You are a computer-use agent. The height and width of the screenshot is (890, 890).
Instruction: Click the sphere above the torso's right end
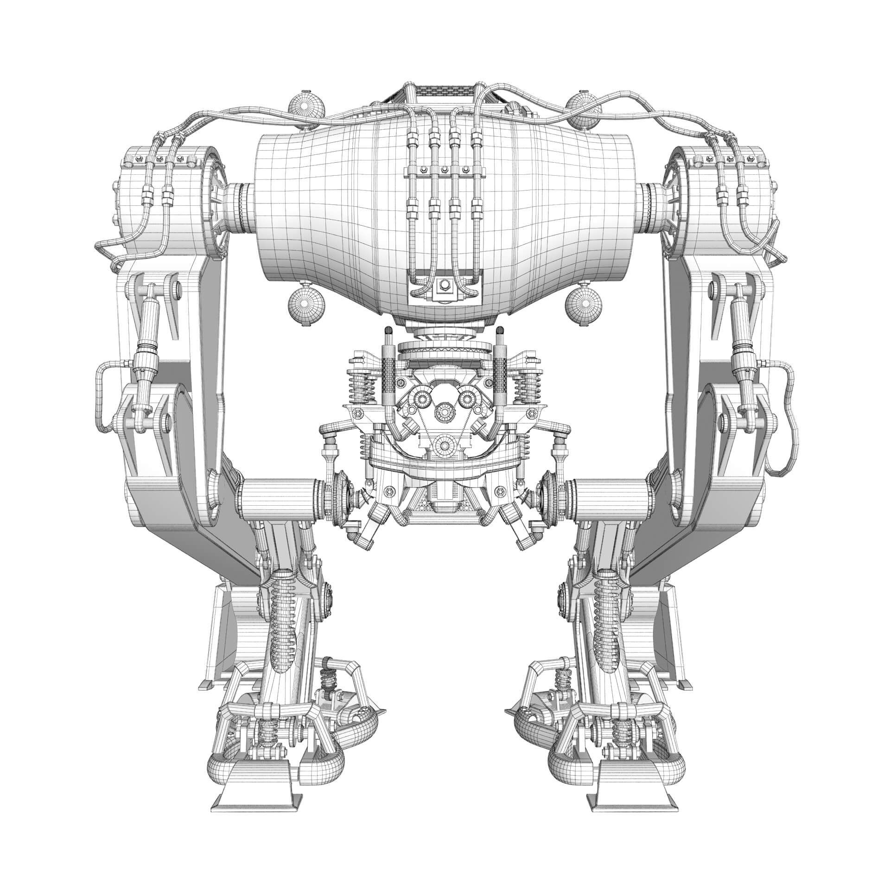[x=584, y=110]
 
